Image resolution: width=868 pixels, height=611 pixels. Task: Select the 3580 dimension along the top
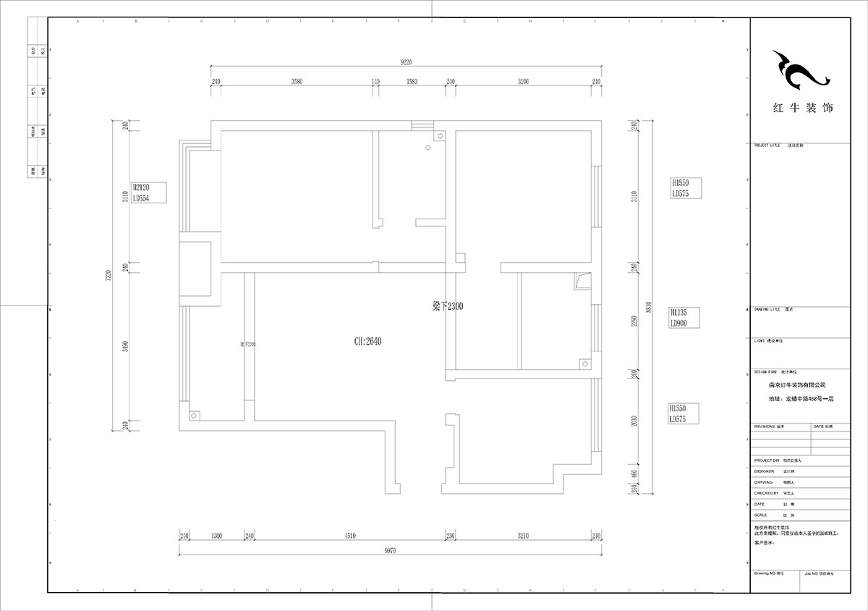click(x=297, y=82)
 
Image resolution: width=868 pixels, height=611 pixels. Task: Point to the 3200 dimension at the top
click(x=523, y=82)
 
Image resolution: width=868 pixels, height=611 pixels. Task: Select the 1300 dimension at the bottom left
click(x=216, y=536)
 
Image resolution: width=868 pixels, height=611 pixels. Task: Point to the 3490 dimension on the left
click(x=126, y=347)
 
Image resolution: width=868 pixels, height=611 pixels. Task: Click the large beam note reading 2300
click(x=448, y=306)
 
